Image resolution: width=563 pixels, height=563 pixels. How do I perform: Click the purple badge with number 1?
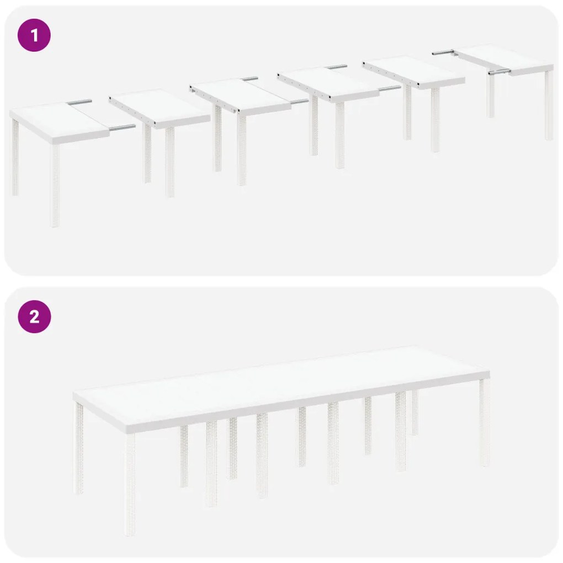pos(34,36)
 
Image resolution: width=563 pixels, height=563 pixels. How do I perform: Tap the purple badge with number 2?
pos(34,317)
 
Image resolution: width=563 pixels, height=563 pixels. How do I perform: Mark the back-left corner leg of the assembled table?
pos(79,447)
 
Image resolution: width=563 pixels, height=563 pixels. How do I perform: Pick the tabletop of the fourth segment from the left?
pos(331,81)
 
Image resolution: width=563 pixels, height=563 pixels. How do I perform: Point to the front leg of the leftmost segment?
pos(55,185)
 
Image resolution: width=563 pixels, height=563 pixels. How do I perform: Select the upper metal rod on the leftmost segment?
pos(81,102)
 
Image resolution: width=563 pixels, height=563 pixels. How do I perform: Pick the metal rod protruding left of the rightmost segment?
pos(442,52)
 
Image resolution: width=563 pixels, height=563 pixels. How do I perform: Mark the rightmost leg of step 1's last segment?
pos(549,105)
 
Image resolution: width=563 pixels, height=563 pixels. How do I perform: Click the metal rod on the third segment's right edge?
pos(299,102)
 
